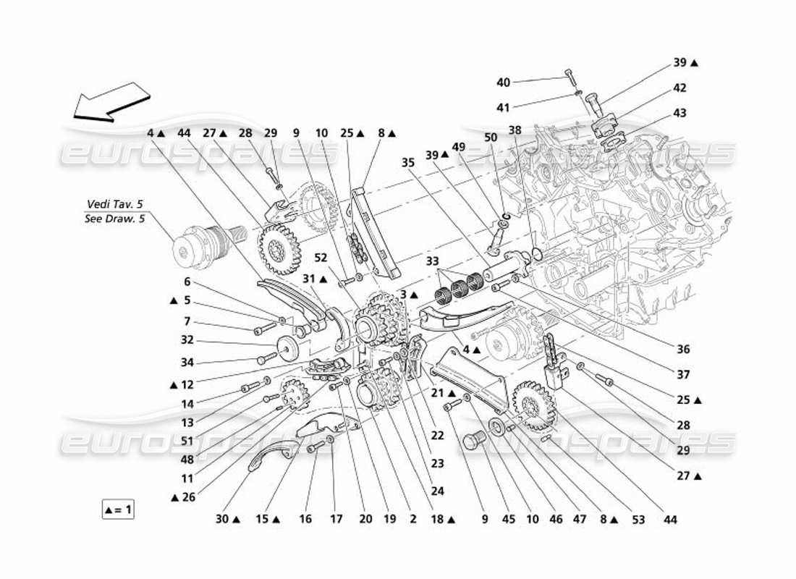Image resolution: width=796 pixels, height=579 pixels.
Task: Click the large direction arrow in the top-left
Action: click(x=111, y=101)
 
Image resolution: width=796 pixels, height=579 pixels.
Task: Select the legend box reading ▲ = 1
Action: click(x=118, y=510)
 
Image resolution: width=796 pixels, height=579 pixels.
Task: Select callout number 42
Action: click(x=679, y=88)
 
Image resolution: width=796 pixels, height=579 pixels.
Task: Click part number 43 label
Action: click(x=679, y=113)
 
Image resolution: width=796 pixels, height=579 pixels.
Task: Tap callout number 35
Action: click(x=407, y=163)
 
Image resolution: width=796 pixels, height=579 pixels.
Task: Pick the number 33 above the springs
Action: click(x=433, y=261)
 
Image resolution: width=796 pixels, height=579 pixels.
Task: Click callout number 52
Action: click(x=321, y=257)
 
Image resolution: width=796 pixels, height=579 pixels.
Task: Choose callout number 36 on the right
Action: click(x=683, y=350)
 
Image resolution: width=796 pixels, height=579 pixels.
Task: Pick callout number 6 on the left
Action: click(x=187, y=283)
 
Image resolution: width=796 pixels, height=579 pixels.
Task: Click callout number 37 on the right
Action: click(x=683, y=375)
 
